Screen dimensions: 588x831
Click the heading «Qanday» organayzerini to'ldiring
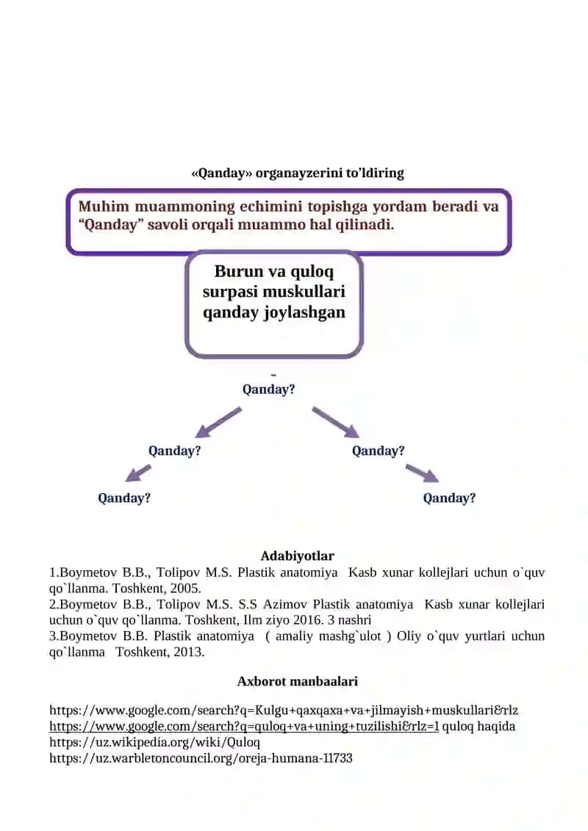[298, 173]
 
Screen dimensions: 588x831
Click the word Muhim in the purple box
[104, 206]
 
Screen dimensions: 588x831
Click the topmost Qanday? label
[268, 389]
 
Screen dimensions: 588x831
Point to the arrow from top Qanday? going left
[218, 422]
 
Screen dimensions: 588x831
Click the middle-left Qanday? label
[174, 451]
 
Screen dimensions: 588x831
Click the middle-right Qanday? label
[378, 451]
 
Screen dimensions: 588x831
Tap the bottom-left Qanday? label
[124, 498]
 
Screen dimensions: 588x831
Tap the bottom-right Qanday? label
[449, 498]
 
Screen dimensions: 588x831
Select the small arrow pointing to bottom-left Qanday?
[138, 473]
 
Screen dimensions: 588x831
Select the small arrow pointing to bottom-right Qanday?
[422, 473]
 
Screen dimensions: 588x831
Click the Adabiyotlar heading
[298, 556]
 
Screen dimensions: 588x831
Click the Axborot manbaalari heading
[298, 682]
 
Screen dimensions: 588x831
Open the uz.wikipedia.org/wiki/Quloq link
[155, 743]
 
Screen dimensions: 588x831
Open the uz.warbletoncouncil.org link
[201, 758]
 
